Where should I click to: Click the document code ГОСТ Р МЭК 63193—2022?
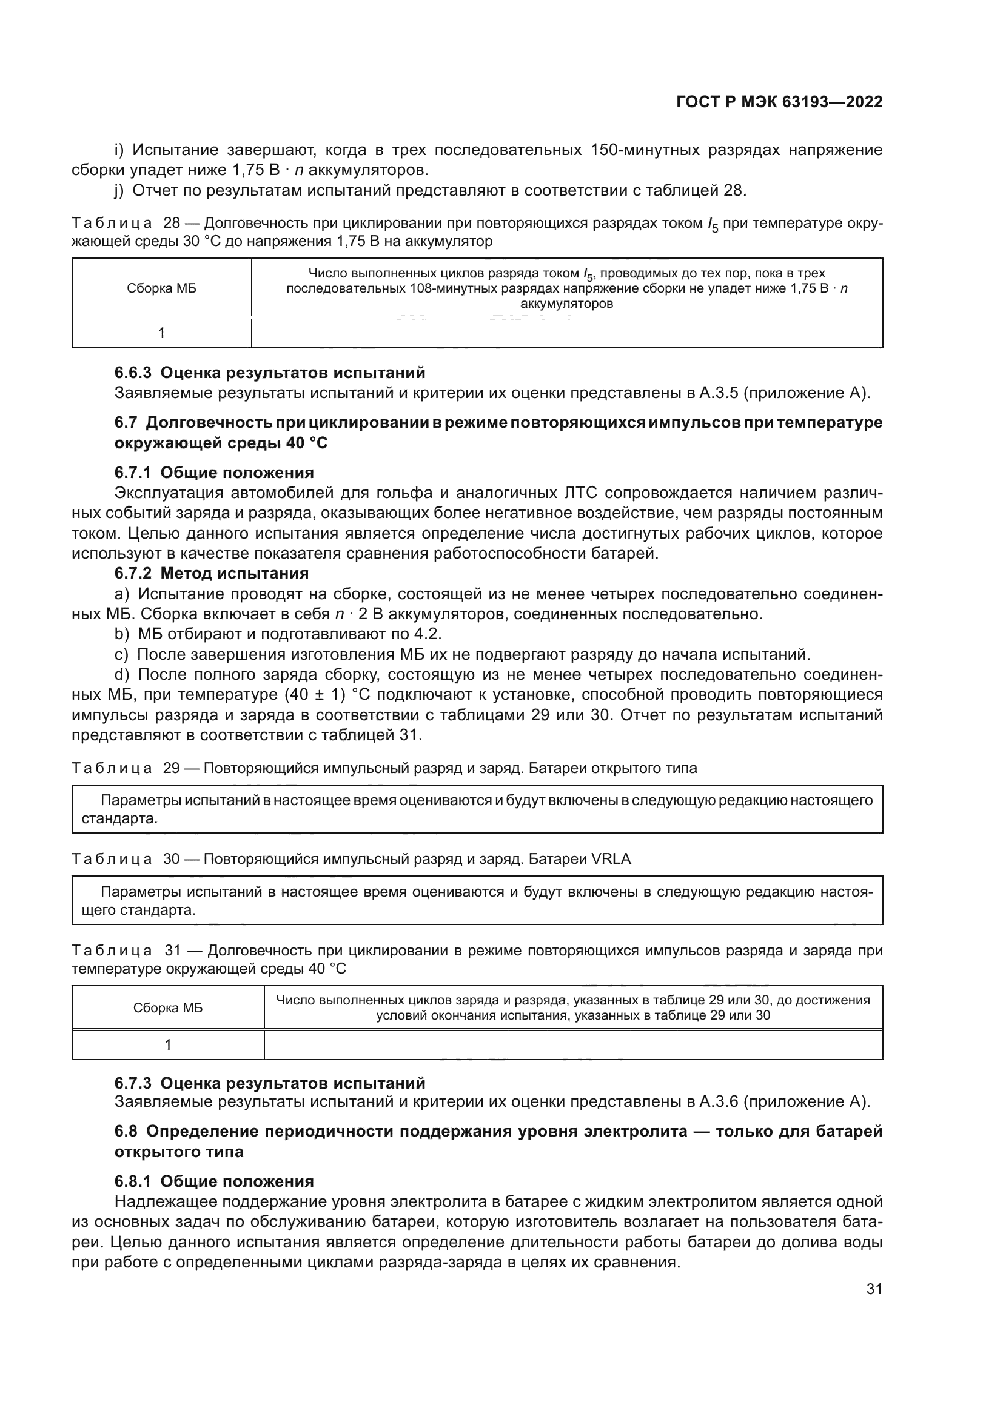pos(779,102)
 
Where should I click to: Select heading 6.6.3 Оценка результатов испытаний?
pos(270,373)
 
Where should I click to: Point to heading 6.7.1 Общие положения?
pos(214,473)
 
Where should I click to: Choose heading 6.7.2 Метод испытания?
pos(211,573)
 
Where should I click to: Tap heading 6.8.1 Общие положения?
pos(214,1181)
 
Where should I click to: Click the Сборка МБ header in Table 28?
pos(162,288)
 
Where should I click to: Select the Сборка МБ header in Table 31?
pos(168,1008)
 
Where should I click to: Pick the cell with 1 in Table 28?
pos(162,333)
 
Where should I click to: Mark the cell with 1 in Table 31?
pos(168,1045)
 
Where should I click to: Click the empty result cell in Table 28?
pos(566,333)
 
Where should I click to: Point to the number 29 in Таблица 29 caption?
pos(171,768)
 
